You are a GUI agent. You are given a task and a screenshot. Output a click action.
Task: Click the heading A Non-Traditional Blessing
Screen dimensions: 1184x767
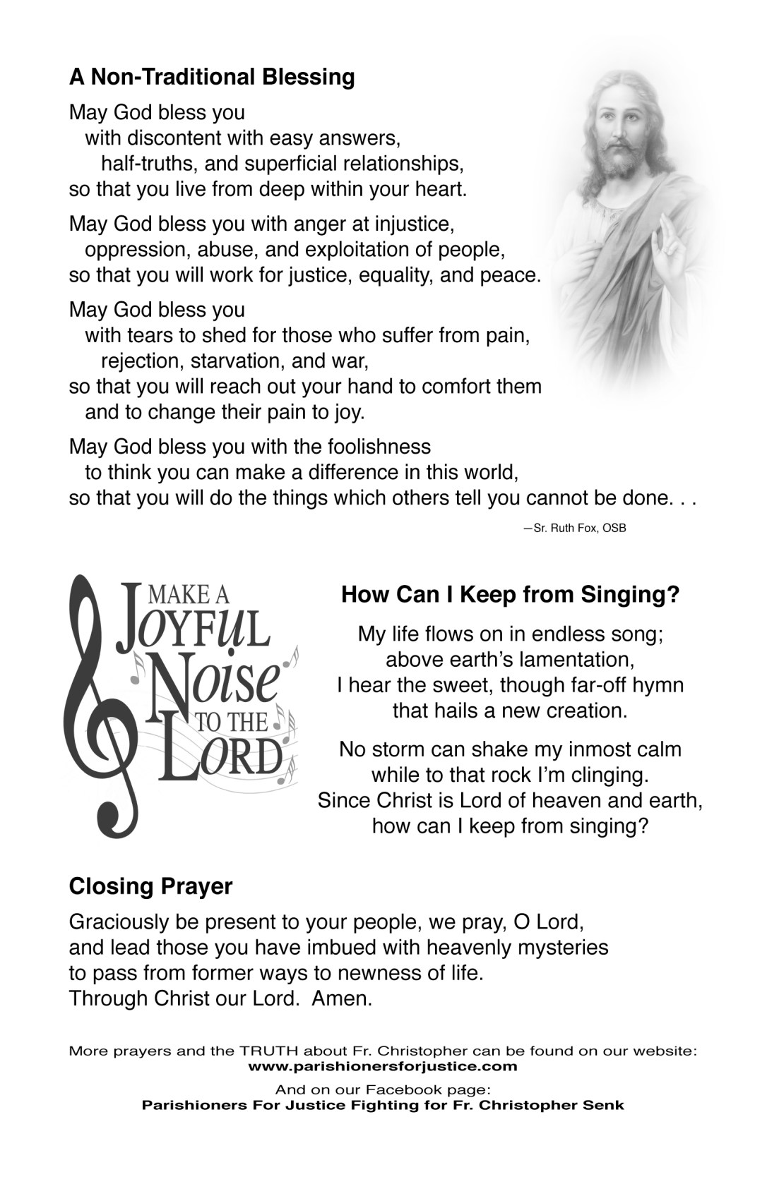(212, 76)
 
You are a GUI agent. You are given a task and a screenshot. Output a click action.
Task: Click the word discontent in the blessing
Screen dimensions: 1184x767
(179, 138)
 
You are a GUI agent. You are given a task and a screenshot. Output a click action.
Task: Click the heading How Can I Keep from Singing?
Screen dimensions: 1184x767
(510, 595)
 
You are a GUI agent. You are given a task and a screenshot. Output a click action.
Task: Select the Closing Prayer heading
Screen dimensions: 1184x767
(150, 886)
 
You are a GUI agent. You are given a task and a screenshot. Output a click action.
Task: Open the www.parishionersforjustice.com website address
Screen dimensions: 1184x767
(383, 1066)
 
